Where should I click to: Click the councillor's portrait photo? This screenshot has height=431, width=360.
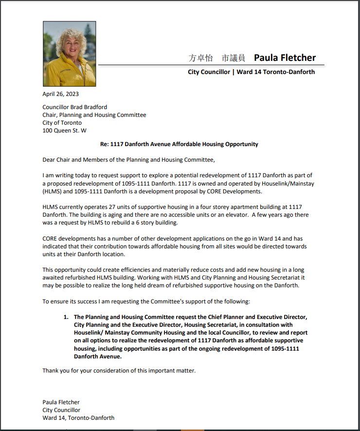coord(70,54)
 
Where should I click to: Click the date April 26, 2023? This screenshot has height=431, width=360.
coord(60,94)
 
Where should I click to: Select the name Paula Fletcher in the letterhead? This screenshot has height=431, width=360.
coord(285,58)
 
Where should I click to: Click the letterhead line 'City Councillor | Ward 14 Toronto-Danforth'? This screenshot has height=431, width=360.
coord(251,72)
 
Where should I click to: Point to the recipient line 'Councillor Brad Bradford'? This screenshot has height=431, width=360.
coord(75,107)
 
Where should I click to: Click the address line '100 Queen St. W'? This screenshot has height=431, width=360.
coord(65,131)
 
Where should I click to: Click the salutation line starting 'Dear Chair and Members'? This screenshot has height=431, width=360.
coord(128,160)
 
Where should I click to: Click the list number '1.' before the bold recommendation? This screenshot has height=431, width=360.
coord(66,317)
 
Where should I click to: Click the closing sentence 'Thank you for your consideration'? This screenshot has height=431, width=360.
coord(119,371)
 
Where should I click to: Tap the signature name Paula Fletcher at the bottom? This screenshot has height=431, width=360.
coord(61,402)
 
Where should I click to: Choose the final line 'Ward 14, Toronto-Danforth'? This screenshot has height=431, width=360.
coord(78,418)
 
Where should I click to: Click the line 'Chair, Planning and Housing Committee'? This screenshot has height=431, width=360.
coord(94,115)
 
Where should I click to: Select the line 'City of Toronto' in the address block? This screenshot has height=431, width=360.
coord(62,123)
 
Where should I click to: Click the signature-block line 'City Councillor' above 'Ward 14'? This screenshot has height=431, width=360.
coord(61,410)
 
